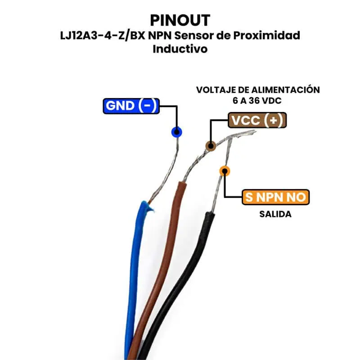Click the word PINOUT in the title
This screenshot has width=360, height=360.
(180, 20)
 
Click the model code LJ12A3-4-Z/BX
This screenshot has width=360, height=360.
(95, 36)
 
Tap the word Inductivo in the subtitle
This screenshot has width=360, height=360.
(180, 49)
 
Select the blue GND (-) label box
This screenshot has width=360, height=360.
(130, 106)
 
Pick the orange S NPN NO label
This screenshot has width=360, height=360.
(276, 197)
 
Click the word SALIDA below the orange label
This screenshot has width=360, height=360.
(275, 214)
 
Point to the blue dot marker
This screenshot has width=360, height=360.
(176, 132)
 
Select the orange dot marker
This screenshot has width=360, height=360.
(225, 171)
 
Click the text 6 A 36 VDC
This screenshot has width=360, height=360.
(258, 101)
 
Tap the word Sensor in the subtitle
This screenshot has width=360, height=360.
(192, 36)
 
